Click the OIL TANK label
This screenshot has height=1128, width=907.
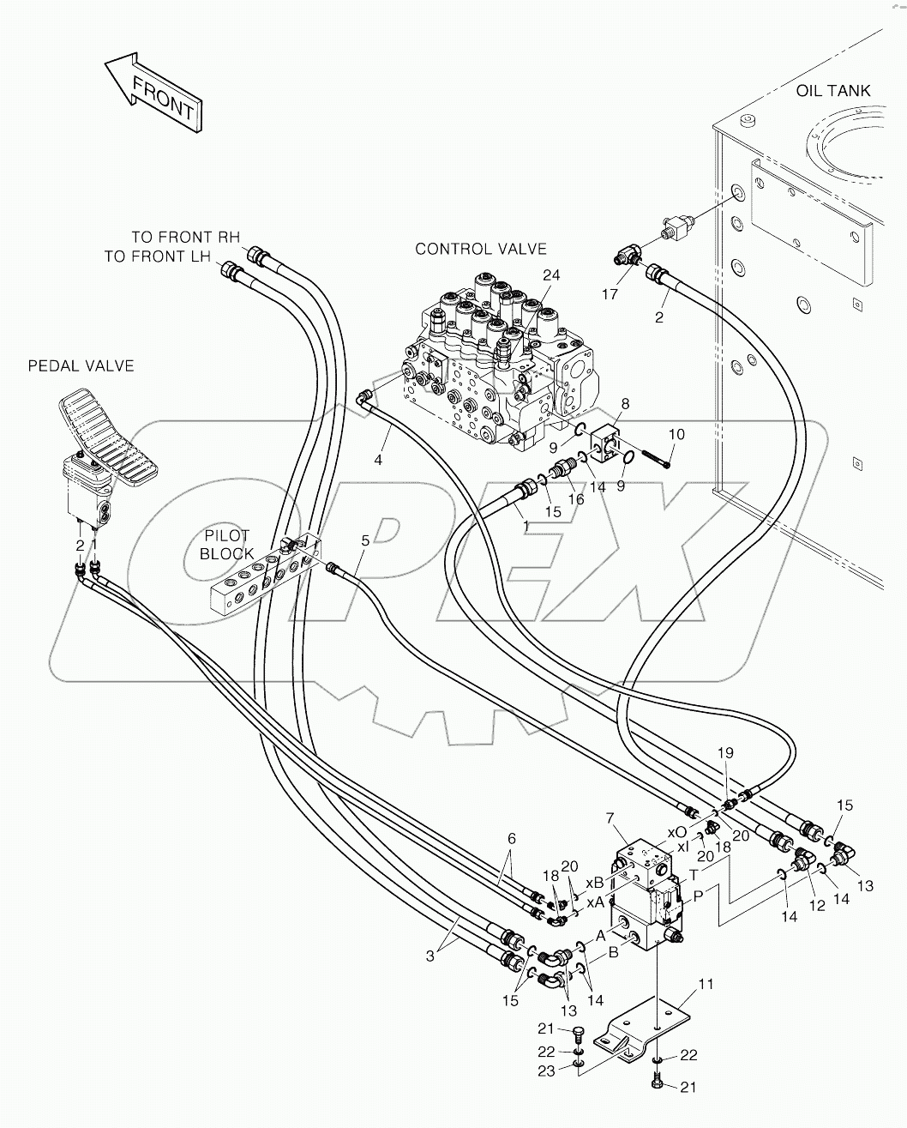(x=832, y=90)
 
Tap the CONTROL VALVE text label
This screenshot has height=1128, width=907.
(x=480, y=249)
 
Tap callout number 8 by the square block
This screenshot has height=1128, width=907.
(x=624, y=402)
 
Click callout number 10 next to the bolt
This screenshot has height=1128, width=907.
(x=676, y=435)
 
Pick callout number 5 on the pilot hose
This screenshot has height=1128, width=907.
(x=365, y=540)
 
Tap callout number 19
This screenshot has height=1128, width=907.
(x=725, y=753)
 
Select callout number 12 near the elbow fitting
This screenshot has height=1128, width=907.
(x=816, y=906)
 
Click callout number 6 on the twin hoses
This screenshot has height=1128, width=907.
(x=511, y=838)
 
